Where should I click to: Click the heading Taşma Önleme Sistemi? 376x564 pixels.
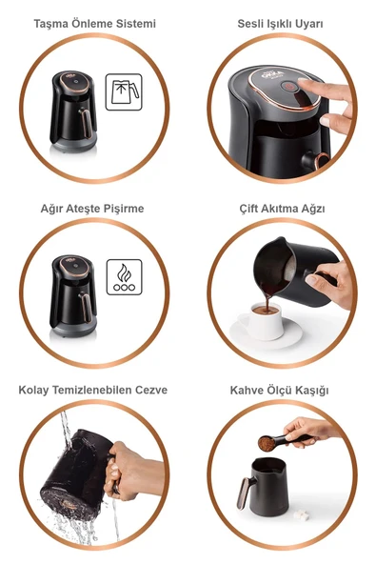[x=94, y=23]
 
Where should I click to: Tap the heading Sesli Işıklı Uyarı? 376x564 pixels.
[x=283, y=23]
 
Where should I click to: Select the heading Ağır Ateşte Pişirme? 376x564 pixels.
[x=94, y=208]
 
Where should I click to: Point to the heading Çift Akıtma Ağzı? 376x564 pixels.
[x=283, y=208]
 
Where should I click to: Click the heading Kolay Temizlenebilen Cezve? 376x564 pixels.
[x=94, y=392]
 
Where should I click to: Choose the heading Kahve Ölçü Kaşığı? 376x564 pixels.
[x=283, y=392]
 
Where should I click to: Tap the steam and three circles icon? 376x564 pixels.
[x=123, y=277]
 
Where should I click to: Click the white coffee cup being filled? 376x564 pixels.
[x=267, y=322]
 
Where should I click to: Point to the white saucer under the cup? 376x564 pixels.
[x=267, y=333]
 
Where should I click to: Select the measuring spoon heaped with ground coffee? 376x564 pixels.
[x=271, y=443]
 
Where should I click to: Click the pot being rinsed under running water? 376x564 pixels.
[x=76, y=472]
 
